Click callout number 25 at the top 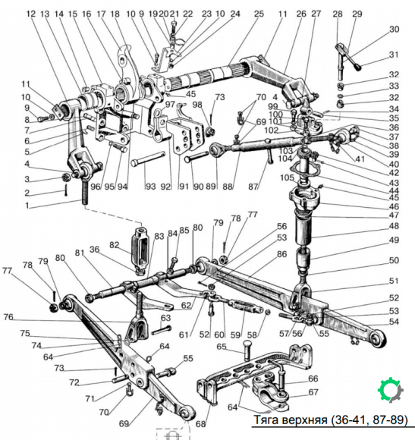[259, 14]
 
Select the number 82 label [115, 245]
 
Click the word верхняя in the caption [304, 420]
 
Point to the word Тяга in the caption [266, 420]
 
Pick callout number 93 [150, 186]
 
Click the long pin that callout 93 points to [148, 159]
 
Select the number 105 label [287, 178]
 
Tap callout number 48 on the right [394, 226]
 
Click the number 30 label [394, 29]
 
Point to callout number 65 [221, 347]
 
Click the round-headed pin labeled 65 [247, 350]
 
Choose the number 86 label [281, 254]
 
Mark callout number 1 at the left [27, 206]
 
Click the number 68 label [200, 424]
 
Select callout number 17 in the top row [101, 14]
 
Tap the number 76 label [8, 317]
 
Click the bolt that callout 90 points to [196, 156]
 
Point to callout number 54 [394, 322]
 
